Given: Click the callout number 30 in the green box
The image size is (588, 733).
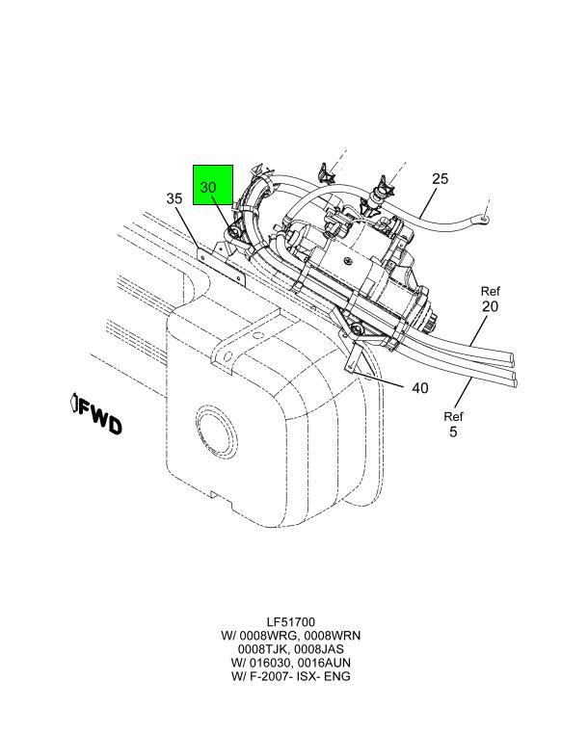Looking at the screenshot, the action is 208,188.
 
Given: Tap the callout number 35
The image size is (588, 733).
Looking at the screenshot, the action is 174,198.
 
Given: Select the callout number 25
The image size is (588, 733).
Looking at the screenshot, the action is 440,178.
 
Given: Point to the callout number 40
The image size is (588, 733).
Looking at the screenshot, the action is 419,388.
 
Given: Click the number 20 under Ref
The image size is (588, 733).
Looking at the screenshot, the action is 490,306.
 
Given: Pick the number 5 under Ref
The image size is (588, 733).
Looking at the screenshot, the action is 453,432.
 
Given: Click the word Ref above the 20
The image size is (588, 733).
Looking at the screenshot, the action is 491,291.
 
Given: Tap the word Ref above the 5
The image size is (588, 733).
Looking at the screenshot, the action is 453,416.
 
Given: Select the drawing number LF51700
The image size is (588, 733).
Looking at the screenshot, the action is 291,622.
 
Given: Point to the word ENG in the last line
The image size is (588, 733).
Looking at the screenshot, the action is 338,676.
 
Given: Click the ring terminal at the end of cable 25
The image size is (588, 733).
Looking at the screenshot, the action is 482,217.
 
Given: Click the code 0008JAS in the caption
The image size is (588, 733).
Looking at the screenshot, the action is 319,649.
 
